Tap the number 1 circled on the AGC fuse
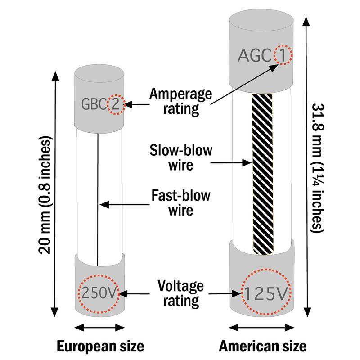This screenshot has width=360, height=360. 283,55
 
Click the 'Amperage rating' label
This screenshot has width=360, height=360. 180,101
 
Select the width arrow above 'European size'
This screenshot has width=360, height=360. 100,327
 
